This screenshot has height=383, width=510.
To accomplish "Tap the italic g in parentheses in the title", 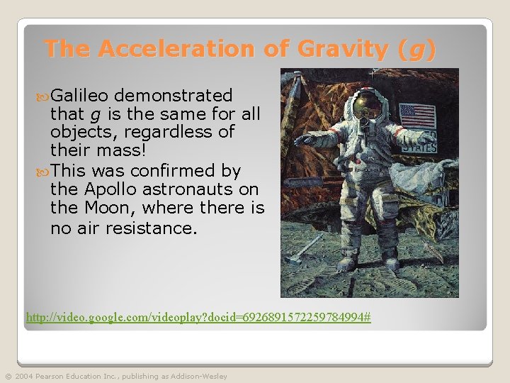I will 417,50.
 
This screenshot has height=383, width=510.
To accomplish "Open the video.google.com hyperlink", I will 198,317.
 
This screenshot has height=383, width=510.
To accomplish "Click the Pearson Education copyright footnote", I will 115,376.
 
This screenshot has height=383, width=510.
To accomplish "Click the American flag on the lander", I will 417,115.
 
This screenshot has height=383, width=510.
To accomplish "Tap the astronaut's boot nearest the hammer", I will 346,263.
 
